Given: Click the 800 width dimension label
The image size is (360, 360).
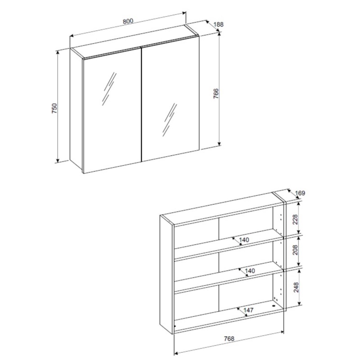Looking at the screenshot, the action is pos(128,21).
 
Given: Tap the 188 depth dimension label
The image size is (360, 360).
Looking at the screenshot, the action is pos(218,24).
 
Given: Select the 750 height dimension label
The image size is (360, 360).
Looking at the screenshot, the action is pos(54,108).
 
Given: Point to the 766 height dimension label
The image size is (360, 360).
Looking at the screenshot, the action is pos(216,94).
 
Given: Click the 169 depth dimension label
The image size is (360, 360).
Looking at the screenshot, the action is pos(300,193).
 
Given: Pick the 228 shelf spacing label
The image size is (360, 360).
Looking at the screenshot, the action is pos(295,219).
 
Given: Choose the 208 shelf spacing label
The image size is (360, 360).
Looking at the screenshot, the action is pos(295,250).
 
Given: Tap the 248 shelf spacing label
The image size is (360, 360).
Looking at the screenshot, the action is pos(296,287).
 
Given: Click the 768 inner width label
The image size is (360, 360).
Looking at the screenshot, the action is pos(229,339).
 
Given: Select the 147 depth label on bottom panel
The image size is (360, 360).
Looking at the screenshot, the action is pos(248,310).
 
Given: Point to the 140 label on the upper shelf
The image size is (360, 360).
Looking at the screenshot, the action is pos(244,240).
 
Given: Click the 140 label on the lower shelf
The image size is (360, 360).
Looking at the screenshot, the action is pos(250,271).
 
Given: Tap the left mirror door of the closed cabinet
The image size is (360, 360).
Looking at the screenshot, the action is pos(112,110).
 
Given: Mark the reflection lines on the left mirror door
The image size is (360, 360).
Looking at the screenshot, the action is pos(109,89).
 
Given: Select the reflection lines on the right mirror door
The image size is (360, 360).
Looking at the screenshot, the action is pos(170,120).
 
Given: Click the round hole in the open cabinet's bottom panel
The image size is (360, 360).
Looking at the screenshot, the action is pos(274,306).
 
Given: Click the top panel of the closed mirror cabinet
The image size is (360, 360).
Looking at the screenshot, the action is pos(134,41).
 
